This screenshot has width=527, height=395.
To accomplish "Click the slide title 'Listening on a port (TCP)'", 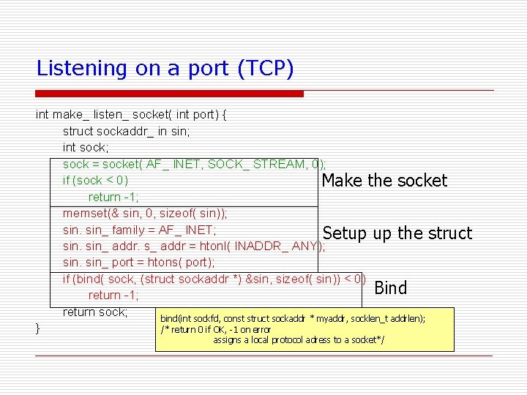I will [x=165, y=69].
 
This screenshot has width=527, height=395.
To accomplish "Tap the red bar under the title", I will [x=170, y=94].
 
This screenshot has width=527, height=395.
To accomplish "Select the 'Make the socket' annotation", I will [x=384, y=181].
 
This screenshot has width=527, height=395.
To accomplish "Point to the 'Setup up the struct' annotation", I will [x=397, y=233].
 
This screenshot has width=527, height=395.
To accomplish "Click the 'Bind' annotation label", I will [x=390, y=288].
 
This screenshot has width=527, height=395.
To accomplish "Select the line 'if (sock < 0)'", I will [x=96, y=180].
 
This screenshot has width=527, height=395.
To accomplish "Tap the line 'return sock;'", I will [x=95, y=312].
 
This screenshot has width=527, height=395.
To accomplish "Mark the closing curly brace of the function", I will [x=37, y=328].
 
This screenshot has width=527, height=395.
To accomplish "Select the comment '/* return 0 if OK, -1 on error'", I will [x=215, y=330].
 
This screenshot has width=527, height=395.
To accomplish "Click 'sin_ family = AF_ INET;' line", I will [x=139, y=230].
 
